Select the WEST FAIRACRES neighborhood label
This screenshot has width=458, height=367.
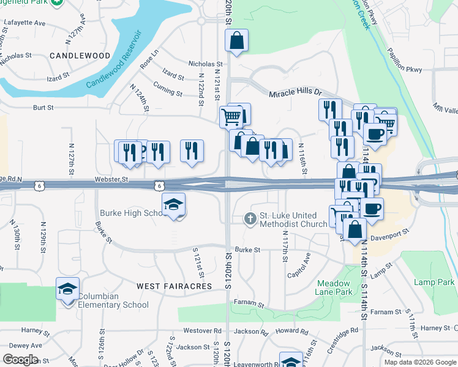click(174, 286)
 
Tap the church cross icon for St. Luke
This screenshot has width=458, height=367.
click(250, 218)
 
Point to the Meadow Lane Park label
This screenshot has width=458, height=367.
click(334, 287)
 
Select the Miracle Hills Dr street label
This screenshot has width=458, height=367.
click(295, 92)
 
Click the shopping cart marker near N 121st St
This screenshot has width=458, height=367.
click(231, 116)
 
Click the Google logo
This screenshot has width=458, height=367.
click(21, 360)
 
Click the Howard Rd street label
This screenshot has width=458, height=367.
click(291, 331)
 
